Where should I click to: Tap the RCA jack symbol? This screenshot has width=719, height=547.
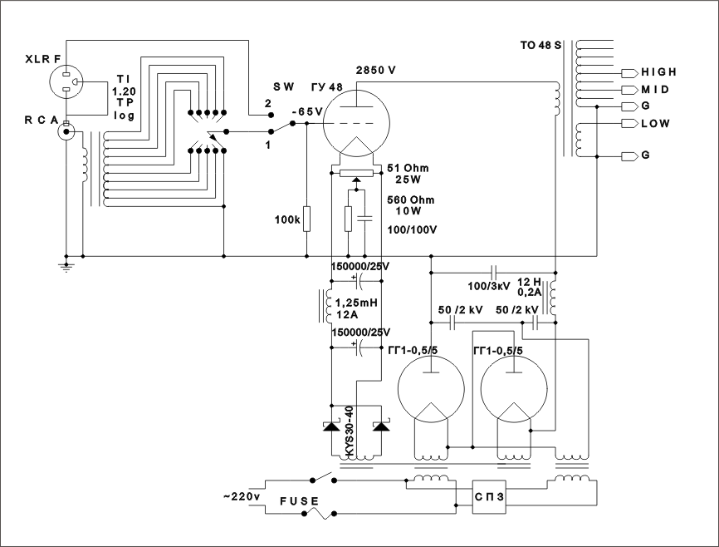[x=64, y=131]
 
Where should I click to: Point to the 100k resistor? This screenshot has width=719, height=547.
[x=307, y=219]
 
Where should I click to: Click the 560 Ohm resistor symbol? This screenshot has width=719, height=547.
[x=349, y=219]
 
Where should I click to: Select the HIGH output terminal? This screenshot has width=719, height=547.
[x=629, y=72]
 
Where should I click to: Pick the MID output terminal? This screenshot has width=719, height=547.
[x=629, y=89]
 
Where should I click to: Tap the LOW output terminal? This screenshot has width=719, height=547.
[x=629, y=124]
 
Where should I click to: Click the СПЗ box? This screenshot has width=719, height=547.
[x=489, y=494]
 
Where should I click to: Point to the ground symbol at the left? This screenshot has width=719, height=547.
[x=66, y=265]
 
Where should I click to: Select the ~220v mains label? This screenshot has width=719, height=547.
[x=242, y=496]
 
